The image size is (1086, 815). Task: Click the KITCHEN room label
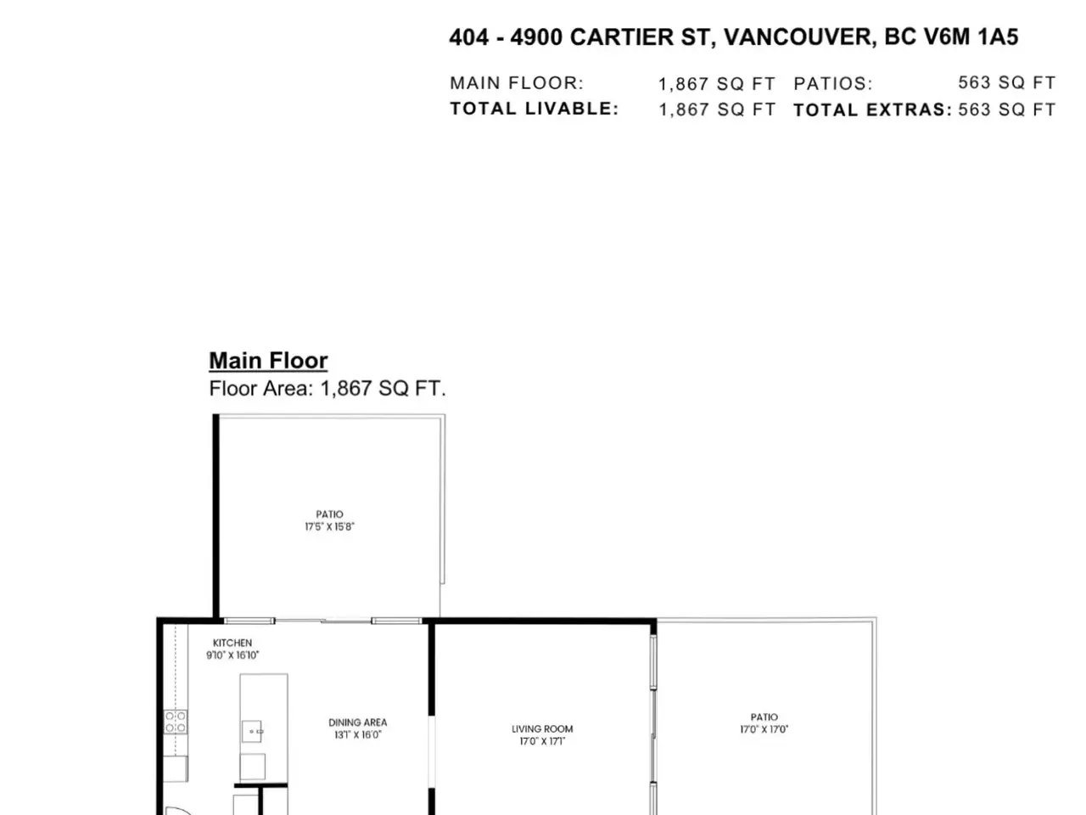pos(232,643)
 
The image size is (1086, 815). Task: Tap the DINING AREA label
pos(357,722)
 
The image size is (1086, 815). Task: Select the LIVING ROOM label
pos(542,729)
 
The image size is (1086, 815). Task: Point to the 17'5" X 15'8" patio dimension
pos(329,526)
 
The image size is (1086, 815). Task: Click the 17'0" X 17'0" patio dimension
pos(764,729)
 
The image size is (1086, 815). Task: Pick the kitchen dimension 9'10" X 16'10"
pos(232,655)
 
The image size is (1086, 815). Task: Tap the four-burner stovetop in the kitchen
pos(176,722)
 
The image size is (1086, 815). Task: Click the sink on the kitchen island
pos(252,731)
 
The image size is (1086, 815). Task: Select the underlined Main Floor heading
pos(268,360)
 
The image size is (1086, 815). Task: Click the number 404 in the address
pos(469,37)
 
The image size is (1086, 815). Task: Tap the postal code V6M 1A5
pos(976,37)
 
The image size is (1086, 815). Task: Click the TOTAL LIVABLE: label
pos(535,109)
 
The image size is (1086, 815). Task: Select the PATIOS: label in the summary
pos(833,84)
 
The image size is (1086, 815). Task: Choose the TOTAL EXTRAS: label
pos(873,110)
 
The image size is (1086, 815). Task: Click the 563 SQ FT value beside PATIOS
pos(1007,82)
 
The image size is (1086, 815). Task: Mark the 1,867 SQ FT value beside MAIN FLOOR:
pos(717,84)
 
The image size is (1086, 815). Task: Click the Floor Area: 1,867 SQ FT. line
pos(327,389)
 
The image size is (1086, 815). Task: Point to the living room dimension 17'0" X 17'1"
pos(542,741)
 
